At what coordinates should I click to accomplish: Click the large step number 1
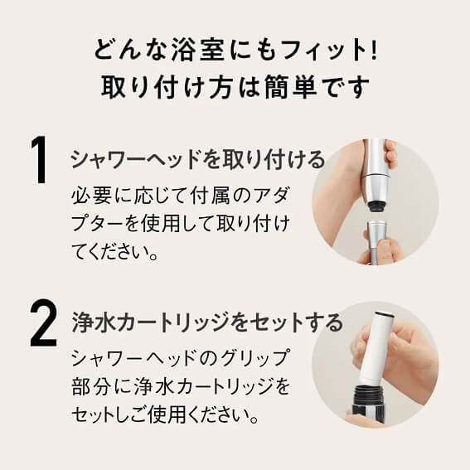[40, 160]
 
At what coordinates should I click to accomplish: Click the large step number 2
[43, 322]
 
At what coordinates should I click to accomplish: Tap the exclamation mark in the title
[373, 51]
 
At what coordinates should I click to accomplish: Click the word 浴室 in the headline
[198, 51]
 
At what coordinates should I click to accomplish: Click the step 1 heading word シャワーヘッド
[137, 160]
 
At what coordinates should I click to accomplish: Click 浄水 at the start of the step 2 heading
[94, 322]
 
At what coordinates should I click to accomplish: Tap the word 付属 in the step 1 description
[210, 196]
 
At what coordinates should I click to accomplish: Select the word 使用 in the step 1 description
[160, 224]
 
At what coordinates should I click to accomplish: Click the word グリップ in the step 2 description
[250, 358]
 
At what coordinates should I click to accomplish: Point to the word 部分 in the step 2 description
[91, 386]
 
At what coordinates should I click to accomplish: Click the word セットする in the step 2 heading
[296, 322]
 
